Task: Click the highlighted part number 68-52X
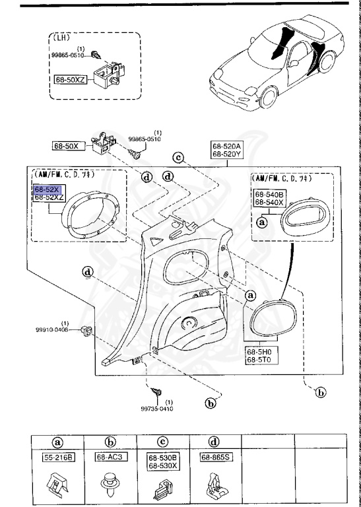click(x=46, y=188)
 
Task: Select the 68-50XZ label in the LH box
click(x=70, y=79)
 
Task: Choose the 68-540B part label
click(x=269, y=195)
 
